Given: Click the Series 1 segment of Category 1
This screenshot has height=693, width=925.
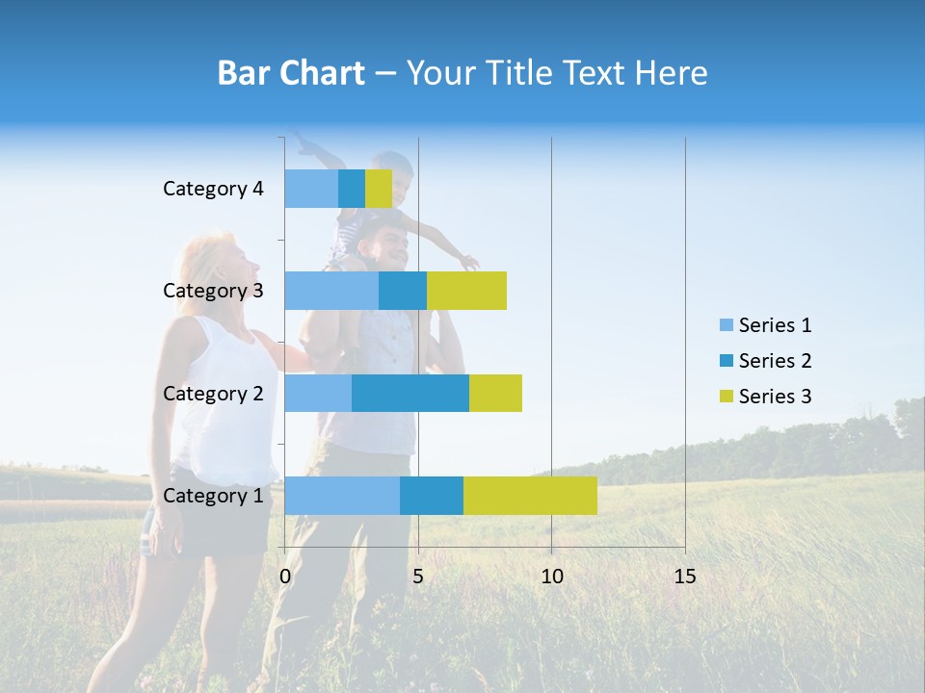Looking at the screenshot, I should click(x=342, y=496).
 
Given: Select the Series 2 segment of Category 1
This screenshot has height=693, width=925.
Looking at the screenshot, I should click(x=432, y=496).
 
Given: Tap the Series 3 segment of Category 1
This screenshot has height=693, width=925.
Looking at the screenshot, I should click(x=530, y=496).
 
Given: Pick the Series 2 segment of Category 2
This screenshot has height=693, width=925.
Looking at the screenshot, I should click(x=410, y=393).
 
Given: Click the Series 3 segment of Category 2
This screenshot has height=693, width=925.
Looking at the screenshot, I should click(x=495, y=393).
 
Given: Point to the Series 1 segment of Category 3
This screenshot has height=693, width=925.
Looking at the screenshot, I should click(x=331, y=291).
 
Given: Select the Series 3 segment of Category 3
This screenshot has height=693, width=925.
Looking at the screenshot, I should click(x=466, y=291).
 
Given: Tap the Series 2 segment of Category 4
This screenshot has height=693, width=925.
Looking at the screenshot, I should click(x=352, y=189).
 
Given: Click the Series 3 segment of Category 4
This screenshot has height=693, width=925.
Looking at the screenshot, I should click(x=379, y=189).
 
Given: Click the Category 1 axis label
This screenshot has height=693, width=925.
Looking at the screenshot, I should click(x=213, y=496).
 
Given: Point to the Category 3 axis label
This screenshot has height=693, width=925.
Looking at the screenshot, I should click(x=213, y=291).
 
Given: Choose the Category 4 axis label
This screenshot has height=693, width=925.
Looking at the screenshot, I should click(x=213, y=189).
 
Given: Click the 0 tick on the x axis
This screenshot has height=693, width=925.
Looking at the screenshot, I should click(x=285, y=577).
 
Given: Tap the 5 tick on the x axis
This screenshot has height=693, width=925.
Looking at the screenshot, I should click(x=418, y=577).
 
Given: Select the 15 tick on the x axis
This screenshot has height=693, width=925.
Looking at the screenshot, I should click(x=685, y=577).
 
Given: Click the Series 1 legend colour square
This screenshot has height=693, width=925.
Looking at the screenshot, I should click(x=726, y=325).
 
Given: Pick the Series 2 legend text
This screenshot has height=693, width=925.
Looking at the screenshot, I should click(x=775, y=361).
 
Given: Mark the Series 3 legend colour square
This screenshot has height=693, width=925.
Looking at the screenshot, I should click(x=726, y=397).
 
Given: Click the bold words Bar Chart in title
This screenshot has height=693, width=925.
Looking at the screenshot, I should click(x=291, y=73).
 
